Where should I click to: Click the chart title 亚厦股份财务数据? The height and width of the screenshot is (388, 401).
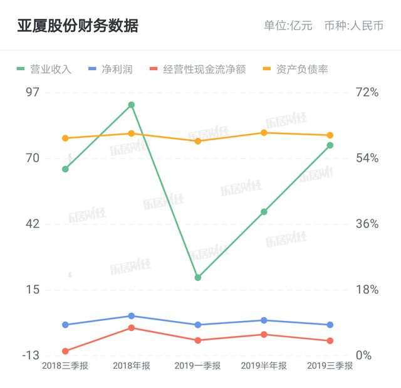point(78,26)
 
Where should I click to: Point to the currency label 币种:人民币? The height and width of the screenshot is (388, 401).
point(354,26)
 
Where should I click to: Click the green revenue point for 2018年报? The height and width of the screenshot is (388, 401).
point(132,105)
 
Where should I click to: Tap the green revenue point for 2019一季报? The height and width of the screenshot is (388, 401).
point(197,277)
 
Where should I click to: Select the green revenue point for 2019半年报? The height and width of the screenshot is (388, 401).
point(264,212)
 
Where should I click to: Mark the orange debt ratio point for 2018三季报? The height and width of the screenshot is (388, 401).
point(65,138)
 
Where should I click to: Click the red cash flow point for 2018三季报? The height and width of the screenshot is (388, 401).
point(65,351)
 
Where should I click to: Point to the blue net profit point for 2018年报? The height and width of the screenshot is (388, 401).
point(132,316)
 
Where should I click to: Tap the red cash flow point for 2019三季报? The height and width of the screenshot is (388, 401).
point(330,341)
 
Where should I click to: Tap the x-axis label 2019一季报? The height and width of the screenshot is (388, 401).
point(197,366)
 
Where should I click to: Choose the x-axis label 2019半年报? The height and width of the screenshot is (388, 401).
point(264,366)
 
